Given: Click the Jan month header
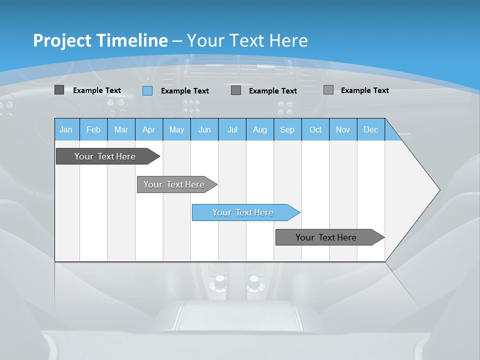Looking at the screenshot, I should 66,129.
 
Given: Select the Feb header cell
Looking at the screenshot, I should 93,129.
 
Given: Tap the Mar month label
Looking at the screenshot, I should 121,129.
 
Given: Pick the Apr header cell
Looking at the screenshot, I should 149,129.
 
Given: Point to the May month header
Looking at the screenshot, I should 176,129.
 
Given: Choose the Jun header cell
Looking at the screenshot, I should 204,129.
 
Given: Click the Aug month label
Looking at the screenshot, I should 260,129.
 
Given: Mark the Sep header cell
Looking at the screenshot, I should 287,129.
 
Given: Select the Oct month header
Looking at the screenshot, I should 315,129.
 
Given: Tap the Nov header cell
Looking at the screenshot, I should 343,129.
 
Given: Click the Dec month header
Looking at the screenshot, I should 371,129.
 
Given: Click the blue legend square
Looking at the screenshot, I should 147,90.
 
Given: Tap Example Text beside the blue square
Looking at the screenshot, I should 185,91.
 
